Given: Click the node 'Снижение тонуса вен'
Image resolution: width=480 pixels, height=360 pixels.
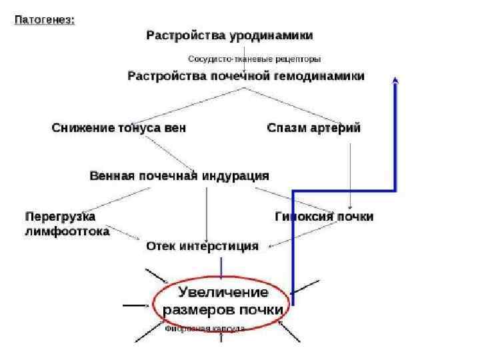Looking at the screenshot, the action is tap(119, 127).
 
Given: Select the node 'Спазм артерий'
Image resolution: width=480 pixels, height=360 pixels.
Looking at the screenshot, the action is tap(313, 127).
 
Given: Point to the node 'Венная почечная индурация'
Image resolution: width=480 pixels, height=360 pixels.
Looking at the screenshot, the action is tap(179, 175).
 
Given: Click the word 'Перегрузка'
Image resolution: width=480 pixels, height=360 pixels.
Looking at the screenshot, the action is tap(60, 217).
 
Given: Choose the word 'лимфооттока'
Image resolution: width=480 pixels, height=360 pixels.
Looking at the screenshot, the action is tap(67, 231).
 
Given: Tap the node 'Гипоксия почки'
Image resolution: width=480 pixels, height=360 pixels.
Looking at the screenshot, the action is tap(324, 217).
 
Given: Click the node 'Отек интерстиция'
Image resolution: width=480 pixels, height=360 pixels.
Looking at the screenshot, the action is tap(202, 246).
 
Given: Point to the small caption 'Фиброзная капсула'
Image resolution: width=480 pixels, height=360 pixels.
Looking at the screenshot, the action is tap(204, 329).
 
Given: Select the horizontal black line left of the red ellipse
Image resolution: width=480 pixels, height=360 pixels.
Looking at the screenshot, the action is tap(135, 305).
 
